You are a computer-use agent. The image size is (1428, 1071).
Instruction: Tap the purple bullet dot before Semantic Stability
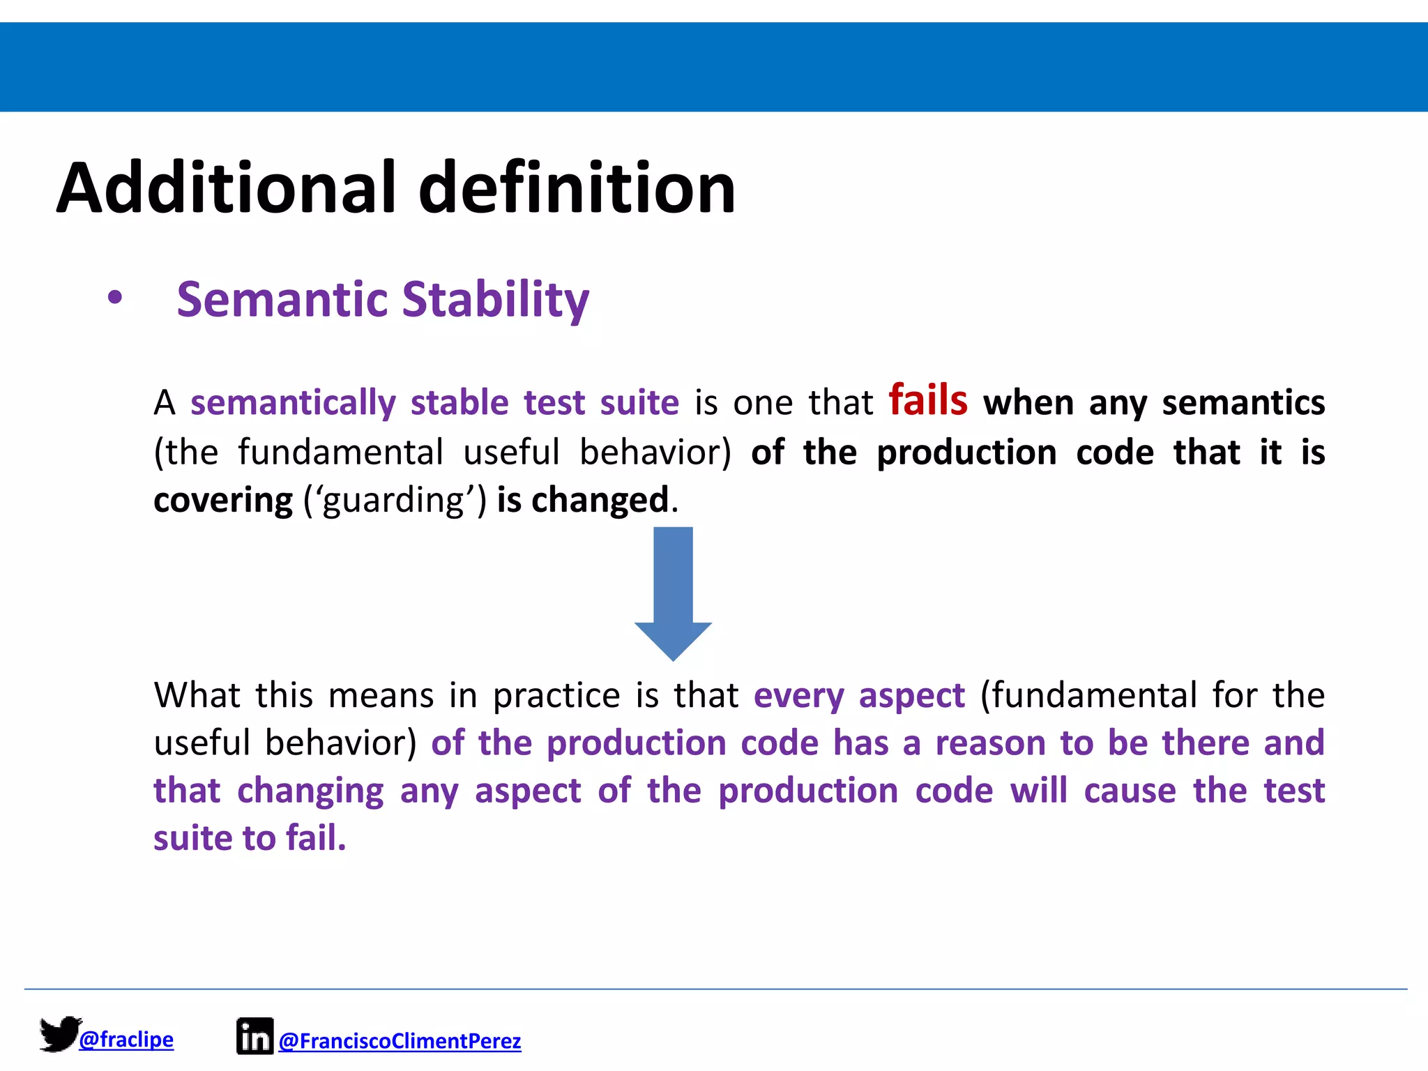115,298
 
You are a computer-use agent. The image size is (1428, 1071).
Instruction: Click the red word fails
928,400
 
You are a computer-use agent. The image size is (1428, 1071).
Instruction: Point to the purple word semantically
294,403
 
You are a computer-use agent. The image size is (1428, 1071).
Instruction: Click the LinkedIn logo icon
255,1036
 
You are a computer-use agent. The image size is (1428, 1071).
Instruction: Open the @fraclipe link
126,1040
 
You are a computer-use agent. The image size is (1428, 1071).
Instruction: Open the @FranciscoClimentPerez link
400,1041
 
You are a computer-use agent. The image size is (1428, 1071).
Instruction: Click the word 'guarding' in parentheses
395,500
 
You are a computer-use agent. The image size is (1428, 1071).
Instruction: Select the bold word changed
600,500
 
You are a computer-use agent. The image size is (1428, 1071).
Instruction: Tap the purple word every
799,696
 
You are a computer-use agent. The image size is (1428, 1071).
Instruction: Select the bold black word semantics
1243,403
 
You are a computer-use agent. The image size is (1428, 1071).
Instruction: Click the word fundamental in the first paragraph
340,452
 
